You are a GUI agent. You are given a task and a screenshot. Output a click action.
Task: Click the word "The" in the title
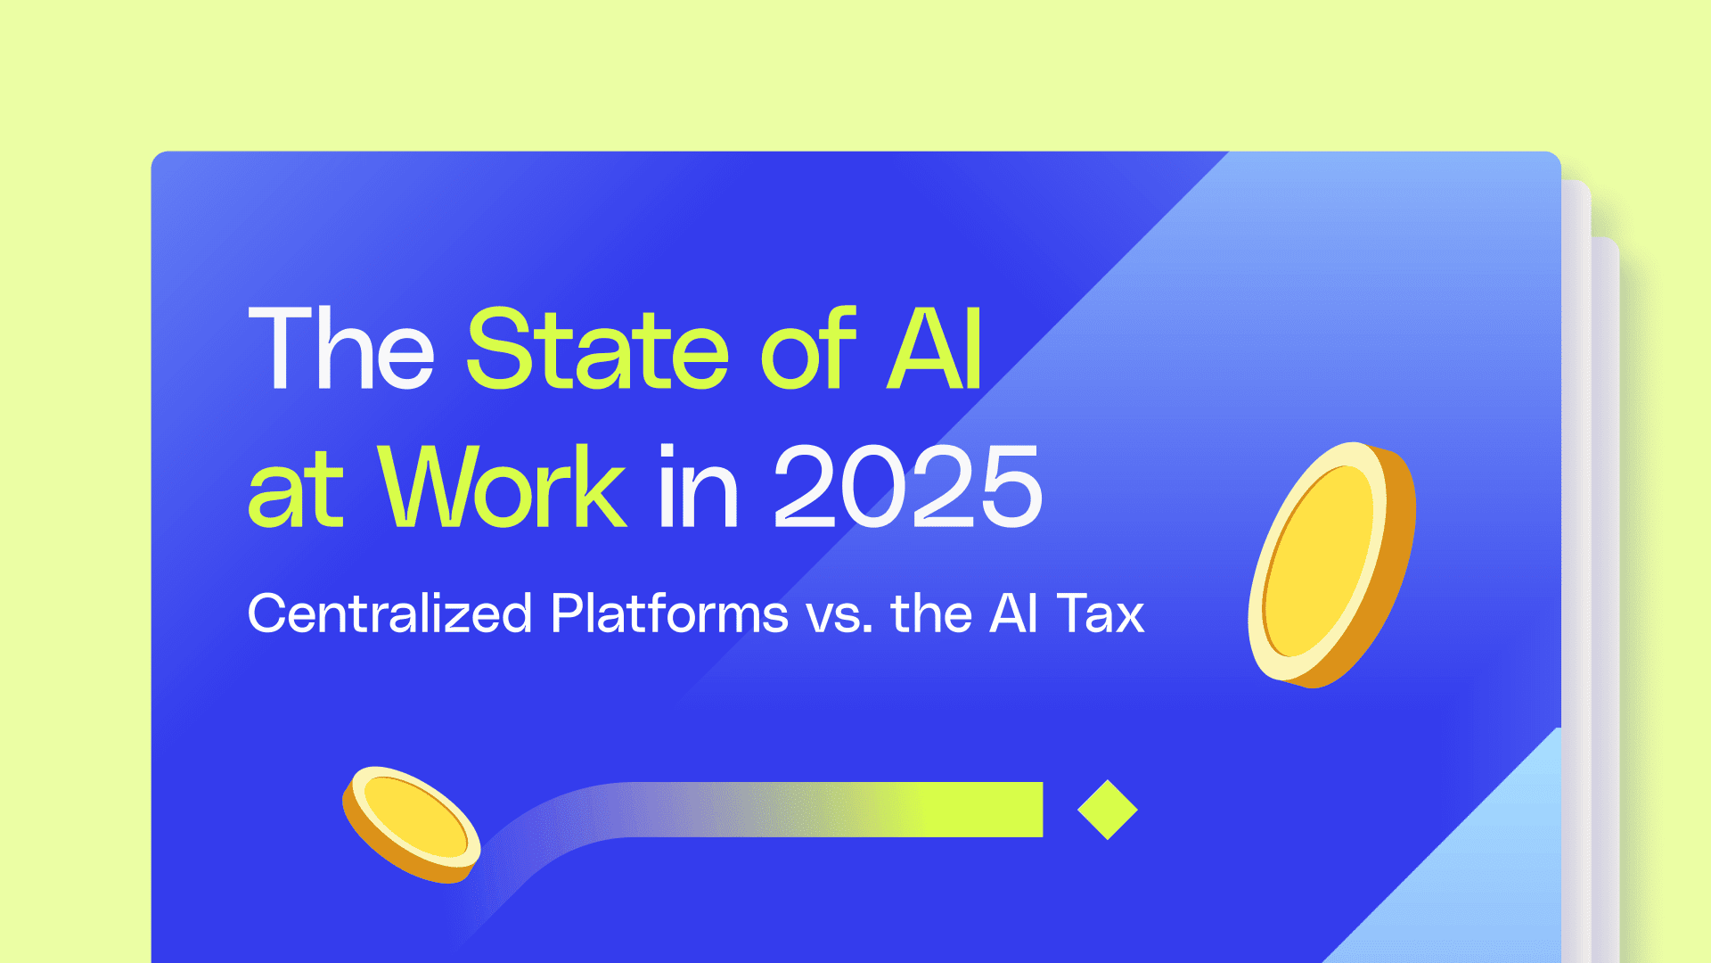(x=340, y=350)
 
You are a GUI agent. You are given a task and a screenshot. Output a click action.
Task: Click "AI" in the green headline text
(x=934, y=350)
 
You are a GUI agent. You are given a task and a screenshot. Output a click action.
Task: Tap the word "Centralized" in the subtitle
(x=389, y=613)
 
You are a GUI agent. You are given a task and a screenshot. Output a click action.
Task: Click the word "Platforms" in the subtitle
(x=669, y=613)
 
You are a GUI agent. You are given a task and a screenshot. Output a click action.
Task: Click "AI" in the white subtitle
(x=1013, y=613)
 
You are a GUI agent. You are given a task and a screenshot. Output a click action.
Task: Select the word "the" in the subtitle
(x=931, y=613)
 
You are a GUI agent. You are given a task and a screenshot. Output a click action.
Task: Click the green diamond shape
(x=1107, y=810)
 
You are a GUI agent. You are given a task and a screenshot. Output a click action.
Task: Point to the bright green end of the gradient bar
(x=998, y=810)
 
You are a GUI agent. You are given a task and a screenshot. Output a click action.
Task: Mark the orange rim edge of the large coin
(x=1396, y=571)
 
